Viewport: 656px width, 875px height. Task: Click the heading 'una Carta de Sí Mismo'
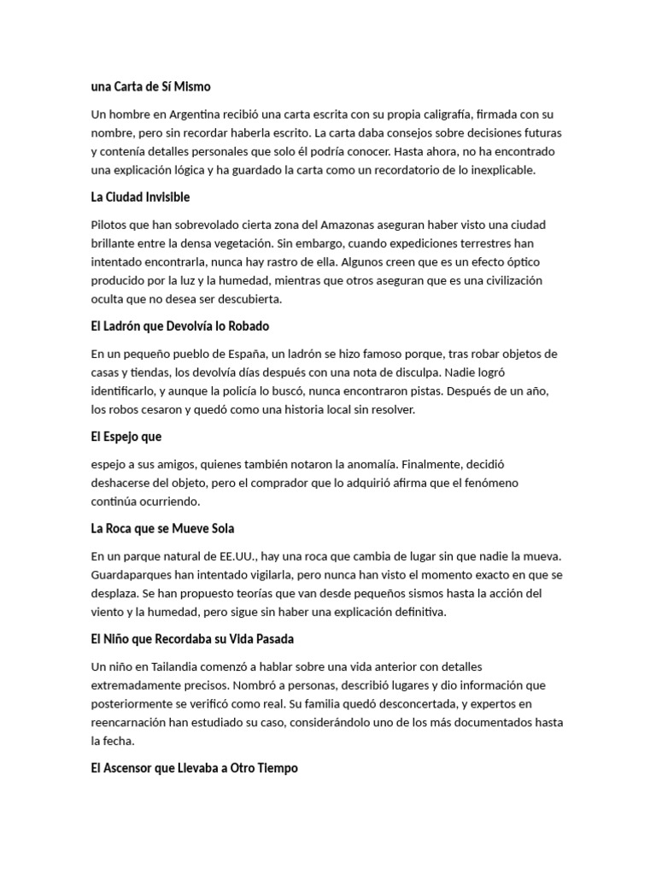(x=150, y=86)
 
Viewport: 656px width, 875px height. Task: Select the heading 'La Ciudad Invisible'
(x=140, y=197)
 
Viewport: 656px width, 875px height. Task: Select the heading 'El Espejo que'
(x=126, y=437)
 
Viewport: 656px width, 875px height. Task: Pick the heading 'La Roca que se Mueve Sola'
(x=162, y=529)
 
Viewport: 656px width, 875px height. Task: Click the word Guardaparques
(x=132, y=575)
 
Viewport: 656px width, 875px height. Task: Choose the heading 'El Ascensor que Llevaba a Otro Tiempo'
(x=195, y=768)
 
